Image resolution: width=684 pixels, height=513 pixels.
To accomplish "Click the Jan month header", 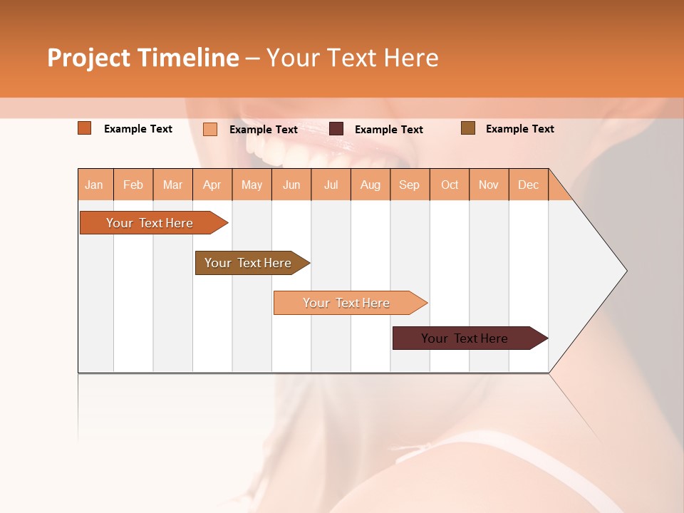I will (x=94, y=185).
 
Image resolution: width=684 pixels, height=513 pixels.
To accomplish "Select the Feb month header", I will (x=133, y=185).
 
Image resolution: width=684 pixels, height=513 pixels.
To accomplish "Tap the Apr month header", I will (x=212, y=185).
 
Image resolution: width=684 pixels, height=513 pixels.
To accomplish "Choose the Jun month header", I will (x=291, y=185).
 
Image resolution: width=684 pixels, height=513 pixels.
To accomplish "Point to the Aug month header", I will (x=370, y=185).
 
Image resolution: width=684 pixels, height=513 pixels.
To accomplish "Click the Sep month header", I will (x=410, y=185).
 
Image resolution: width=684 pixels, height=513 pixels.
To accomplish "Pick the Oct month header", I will (x=450, y=185).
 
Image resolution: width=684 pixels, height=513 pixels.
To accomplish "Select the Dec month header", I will (x=529, y=185).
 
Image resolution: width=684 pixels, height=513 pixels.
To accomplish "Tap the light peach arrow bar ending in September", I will (x=347, y=303).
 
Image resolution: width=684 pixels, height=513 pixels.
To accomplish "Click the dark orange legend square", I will (x=85, y=128).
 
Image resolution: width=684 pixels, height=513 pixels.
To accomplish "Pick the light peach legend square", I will (x=210, y=129).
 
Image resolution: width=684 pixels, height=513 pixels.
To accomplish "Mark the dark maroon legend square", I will (x=336, y=128).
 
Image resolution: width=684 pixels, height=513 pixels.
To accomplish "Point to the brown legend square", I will (x=468, y=128).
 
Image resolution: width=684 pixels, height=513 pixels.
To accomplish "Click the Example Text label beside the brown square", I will (x=519, y=129).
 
